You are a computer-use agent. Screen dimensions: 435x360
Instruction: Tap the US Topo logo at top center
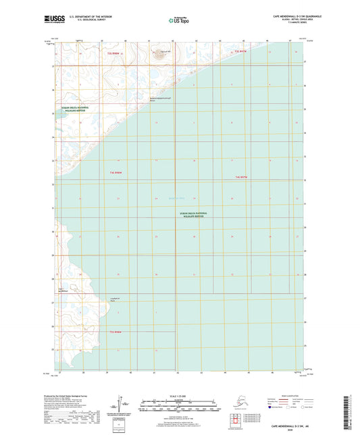[178, 21]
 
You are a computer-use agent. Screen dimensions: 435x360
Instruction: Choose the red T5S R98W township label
[115, 332]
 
